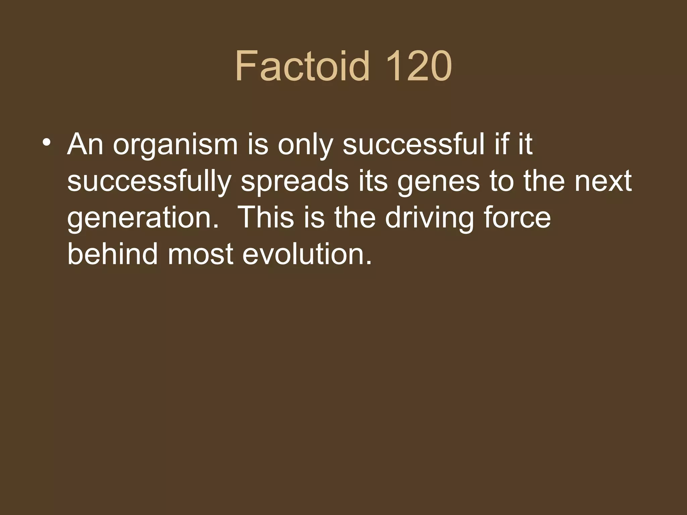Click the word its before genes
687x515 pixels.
tap(373, 181)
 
